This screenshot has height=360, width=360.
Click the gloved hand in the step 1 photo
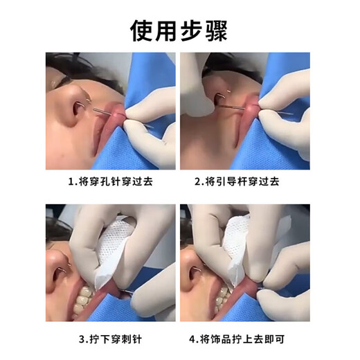(149, 125)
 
